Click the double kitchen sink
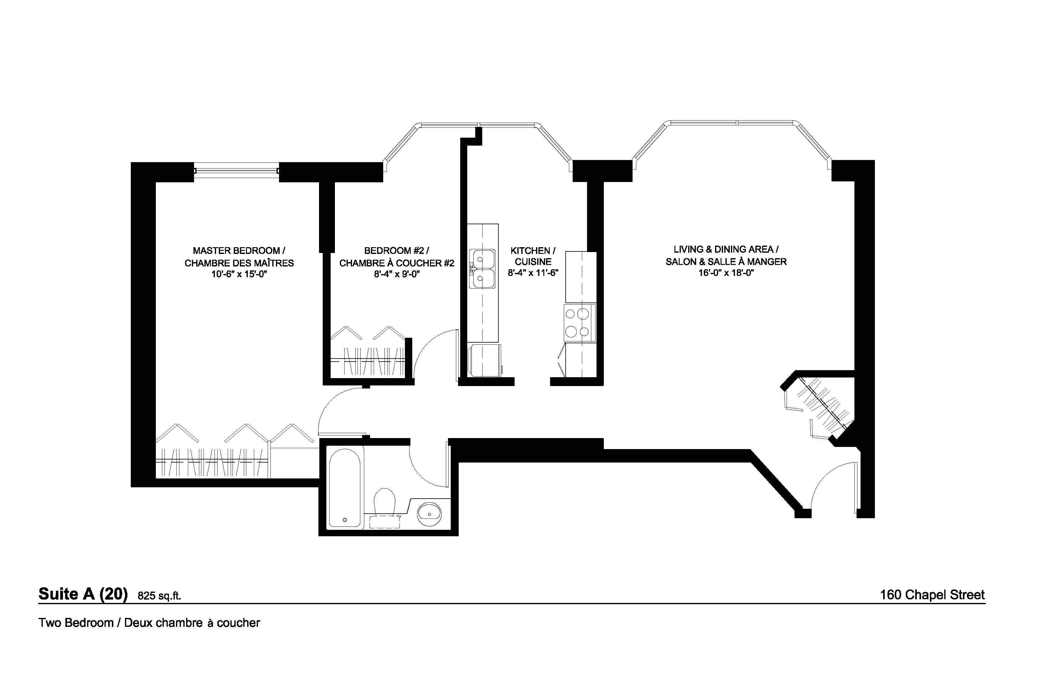tap(483, 269)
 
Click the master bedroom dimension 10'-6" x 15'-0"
tap(239, 274)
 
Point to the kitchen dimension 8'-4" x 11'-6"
tap(533, 273)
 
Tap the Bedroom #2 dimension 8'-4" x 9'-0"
tap(396, 274)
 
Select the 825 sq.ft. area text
tap(159, 596)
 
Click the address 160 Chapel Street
tap(932, 595)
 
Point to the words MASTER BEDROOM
tap(236, 251)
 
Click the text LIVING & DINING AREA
tap(723, 250)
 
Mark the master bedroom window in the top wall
tap(236, 171)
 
